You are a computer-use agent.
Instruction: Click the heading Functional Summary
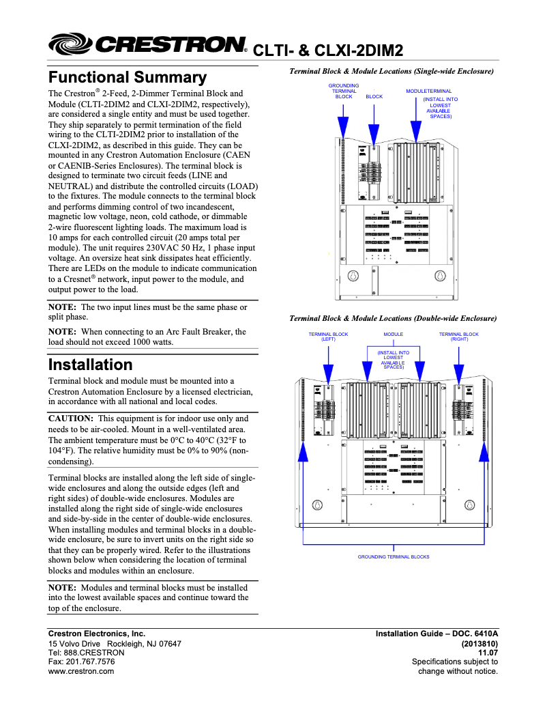127,77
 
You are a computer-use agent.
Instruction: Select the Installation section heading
90,365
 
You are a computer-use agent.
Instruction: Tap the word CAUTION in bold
70,418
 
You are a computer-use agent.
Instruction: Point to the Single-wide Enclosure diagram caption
391,71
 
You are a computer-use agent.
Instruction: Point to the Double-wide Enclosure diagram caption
393,318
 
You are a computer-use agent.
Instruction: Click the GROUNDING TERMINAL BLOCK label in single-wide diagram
344,91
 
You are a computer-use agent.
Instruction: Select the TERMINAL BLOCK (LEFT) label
328,337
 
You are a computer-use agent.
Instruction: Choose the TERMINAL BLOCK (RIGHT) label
458,337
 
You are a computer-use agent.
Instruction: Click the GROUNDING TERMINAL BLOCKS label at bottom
394,556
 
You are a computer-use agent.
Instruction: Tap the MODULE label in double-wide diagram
393,335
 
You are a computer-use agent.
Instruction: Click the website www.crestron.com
80,671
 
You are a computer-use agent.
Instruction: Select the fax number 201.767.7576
81,662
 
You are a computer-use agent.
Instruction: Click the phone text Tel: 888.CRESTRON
86,652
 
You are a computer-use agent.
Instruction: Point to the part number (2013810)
479,643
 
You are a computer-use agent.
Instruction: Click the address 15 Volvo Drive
74,643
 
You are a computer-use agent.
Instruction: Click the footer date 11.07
488,652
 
